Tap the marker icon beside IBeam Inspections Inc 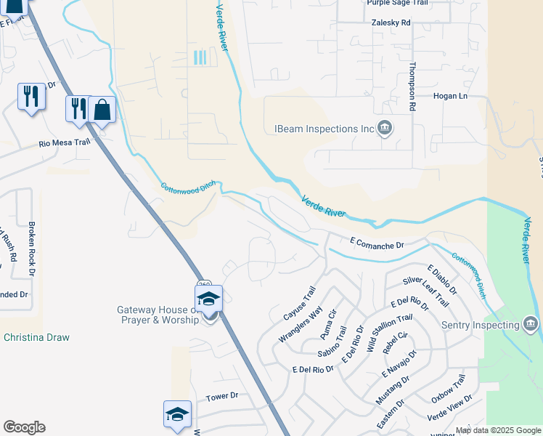pyautogui.click(x=385, y=129)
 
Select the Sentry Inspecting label pyautogui.click(x=483, y=323)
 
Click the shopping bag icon pyautogui.click(x=102, y=110)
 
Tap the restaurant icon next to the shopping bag pyautogui.click(x=78, y=109)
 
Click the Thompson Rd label pyautogui.click(x=412, y=86)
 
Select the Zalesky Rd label pyautogui.click(x=391, y=23)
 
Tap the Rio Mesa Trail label pyautogui.click(x=64, y=143)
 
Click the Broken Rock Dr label pyautogui.click(x=31, y=249)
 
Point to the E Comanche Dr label pyautogui.click(x=376, y=245)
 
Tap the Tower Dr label pyautogui.click(x=222, y=396)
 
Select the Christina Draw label pyautogui.click(x=36, y=338)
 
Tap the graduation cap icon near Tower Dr pyautogui.click(x=177, y=414)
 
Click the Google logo pyautogui.click(x=24, y=427)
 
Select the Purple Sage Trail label pyautogui.click(x=397, y=3)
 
